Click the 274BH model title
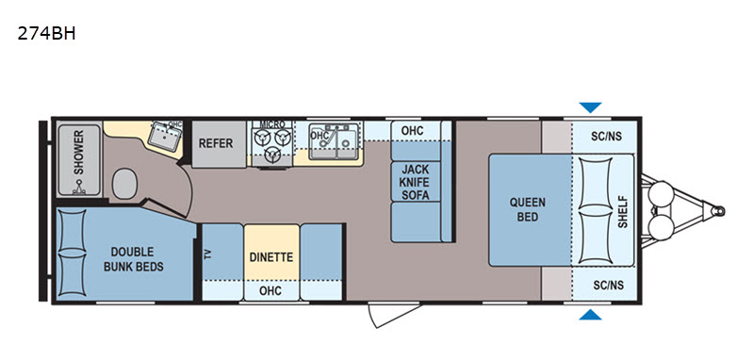[46, 34]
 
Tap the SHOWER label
[78, 152]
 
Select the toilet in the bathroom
[125, 183]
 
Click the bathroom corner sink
[164, 136]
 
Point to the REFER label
[217, 143]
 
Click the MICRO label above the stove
[272, 124]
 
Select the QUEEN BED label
[528, 209]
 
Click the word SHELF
[623, 211]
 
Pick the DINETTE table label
[271, 257]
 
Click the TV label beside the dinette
[208, 254]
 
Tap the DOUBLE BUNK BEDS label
[133, 259]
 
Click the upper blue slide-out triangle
[590, 107]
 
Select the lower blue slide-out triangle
[590, 315]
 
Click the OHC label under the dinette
[270, 291]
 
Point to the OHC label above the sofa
[412, 131]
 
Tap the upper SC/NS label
[606, 137]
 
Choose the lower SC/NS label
[608, 286]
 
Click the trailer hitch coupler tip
[719, 211]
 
